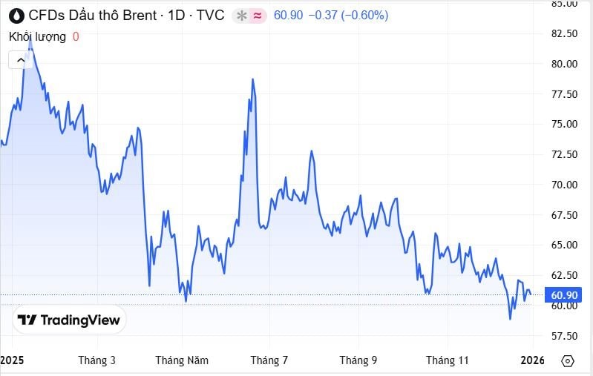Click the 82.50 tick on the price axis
(563, 33)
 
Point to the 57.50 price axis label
(563, 336)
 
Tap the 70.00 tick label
(563, 185)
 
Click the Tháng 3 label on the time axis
(96, 360)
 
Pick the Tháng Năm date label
(182, 360)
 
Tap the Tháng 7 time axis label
(269, 360)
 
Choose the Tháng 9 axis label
(358, 360)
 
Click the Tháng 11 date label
(448, 360)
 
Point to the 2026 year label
(533, 360)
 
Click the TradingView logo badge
(69, 320)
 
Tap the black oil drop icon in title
(16, 15)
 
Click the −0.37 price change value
(322, 15)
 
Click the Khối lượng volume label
(37, 36)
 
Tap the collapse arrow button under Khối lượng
(20, 59)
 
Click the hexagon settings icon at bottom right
(568, 360)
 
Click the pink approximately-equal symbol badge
(258, 15)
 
